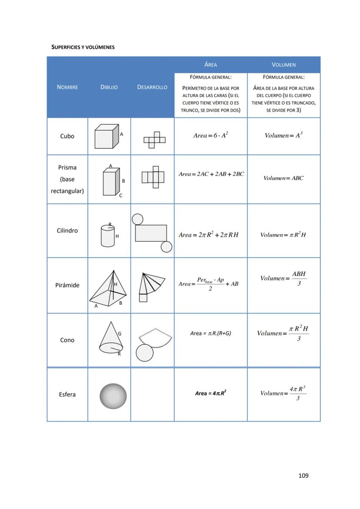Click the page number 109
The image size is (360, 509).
[303, 476]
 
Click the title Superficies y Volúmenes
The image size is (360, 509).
[83, 47]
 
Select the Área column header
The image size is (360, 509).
[210, 65]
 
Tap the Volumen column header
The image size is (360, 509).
[283, 65]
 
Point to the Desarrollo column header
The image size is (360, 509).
[152, 87]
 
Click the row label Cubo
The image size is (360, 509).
[67, 136]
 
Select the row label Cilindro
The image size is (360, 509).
[67, 230]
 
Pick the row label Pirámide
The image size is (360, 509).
[67, 285]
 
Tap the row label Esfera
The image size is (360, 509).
[67, 395]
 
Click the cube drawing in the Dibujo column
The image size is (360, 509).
[107, 136]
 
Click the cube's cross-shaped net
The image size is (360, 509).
[154, 140]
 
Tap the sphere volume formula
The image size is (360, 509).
[283, 393]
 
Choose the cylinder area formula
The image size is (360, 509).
[209, 235]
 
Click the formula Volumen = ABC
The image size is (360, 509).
[283, 178]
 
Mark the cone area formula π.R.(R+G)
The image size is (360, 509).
[210, 333]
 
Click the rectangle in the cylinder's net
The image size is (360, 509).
[151, 233]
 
